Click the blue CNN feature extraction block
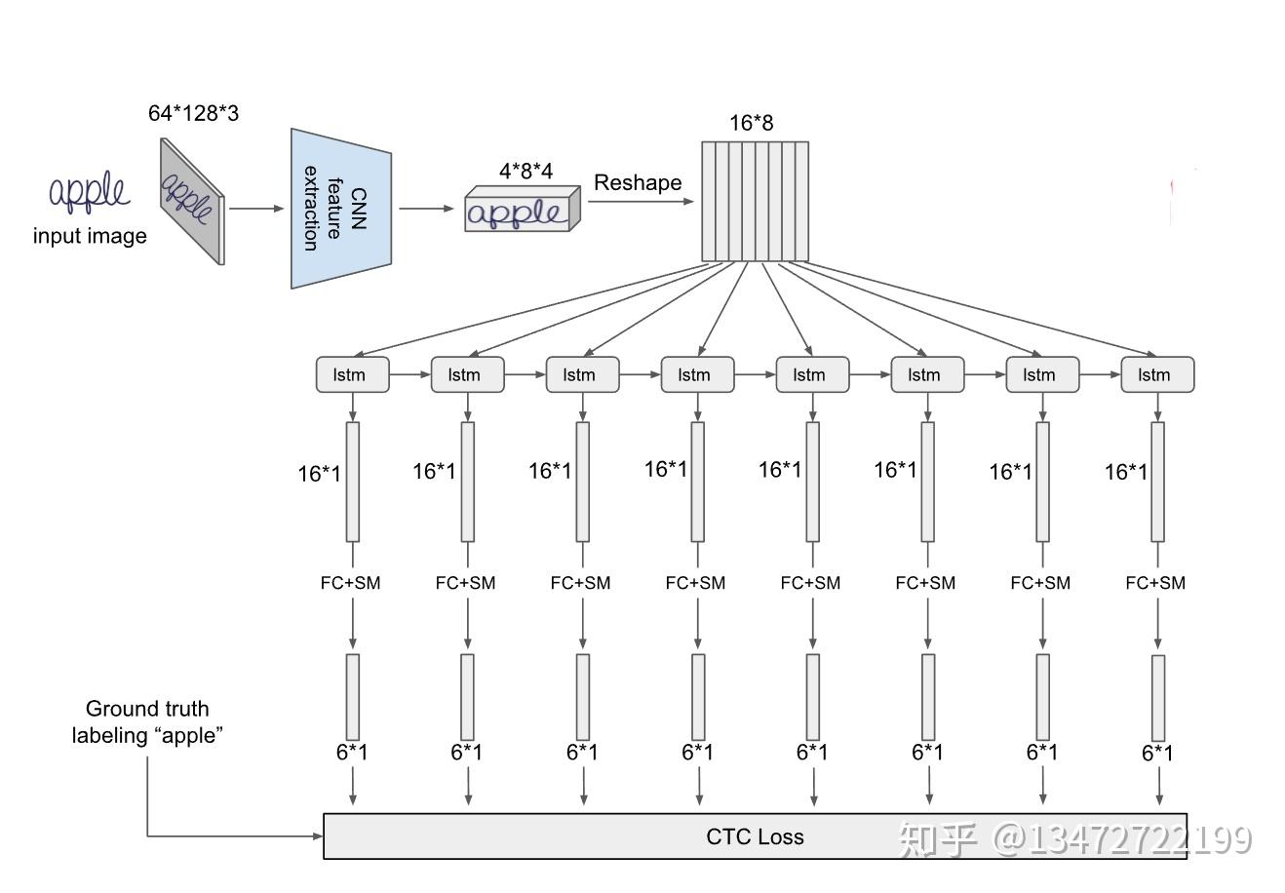tap(340, 208)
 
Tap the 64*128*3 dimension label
tap(193, 113)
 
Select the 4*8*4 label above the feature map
tap(526, 172)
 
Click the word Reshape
tap(638, 183)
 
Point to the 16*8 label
tap(751, 123)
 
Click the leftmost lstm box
tap(352, 374)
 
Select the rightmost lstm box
tap(1157, 374)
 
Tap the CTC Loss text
tap(755, 836)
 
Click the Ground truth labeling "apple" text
tap(147, 722)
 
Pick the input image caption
tap(90, 236)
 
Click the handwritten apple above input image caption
tap(89, 193)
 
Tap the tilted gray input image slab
tap(192, 200)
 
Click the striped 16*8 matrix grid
tap(756, 202)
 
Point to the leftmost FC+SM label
tap(350, 583)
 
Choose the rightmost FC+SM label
tap(1155, 583)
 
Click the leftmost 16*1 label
tap(320, 474)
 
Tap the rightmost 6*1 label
tap(1157, 753)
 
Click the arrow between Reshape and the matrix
tap(641, 202)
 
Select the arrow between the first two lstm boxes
tap(409, 374)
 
